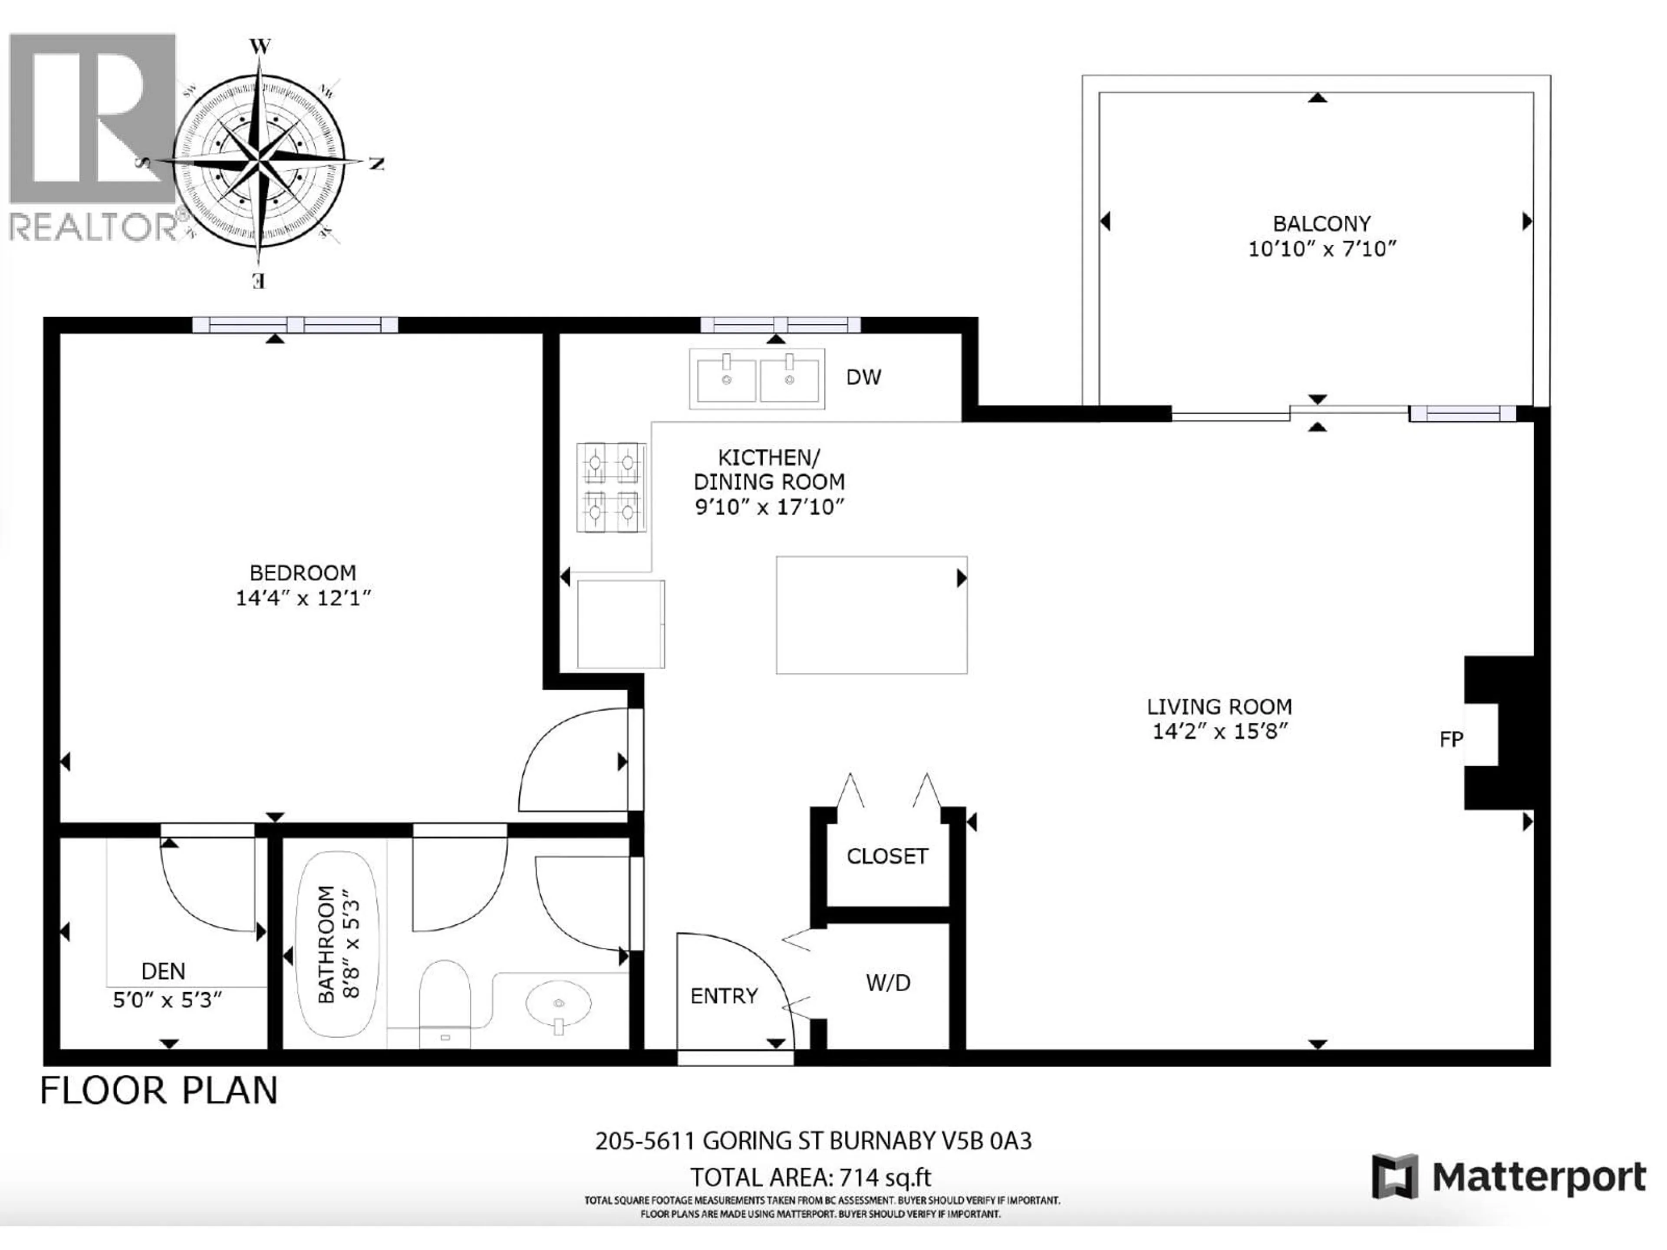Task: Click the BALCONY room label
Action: coord(1321,224)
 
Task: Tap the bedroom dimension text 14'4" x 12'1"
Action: coord(304,598)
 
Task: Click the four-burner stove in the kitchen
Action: coord(611,487)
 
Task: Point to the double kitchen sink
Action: coord(757,379)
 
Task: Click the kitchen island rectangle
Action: coord(871,615)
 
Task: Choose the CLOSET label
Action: coord(887,857)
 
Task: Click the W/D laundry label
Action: coord(888,983)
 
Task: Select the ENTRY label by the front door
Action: coord(724,996)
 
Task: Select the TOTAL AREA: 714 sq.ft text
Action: coord(811,1178)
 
